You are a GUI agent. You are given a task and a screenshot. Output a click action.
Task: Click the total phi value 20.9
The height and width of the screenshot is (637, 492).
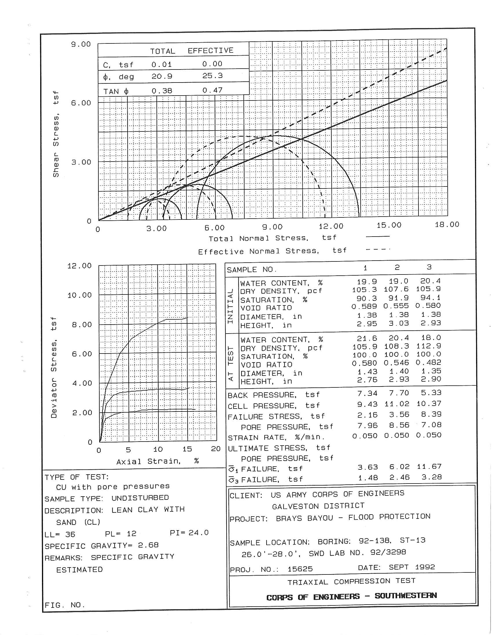tap(162, 76)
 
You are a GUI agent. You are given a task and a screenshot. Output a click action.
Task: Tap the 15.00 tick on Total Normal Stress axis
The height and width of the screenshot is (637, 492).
tap(389, 225)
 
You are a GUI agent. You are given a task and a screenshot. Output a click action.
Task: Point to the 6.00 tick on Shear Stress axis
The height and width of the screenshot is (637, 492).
tap(81, 103)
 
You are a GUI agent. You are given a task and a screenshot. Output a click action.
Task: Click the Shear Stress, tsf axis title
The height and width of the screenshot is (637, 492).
tap(56, 134)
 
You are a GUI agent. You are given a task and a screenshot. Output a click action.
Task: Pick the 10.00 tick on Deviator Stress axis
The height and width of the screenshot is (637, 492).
tap(79, 295)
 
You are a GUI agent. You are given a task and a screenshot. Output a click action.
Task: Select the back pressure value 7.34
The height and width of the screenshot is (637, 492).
tap(367, 393)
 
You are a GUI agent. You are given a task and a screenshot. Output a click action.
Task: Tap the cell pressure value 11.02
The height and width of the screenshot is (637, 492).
tap(399, 404)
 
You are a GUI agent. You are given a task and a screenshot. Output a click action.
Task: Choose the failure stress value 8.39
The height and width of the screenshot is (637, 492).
tap(431, 414)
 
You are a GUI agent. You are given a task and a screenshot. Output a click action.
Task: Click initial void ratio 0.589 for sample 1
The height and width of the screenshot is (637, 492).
tap(364, 307)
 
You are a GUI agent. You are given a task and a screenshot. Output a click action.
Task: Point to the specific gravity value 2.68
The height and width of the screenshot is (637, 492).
tap(148, 545)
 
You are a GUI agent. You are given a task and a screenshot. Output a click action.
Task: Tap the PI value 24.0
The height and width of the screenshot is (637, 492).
tap(198, 533)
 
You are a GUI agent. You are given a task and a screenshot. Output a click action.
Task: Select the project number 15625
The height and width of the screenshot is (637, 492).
tap(300, 569)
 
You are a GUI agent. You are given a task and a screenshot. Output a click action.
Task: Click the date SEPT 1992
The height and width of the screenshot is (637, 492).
tap(412, 567)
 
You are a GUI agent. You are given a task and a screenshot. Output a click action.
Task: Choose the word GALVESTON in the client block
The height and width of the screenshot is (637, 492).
tap(293, 506)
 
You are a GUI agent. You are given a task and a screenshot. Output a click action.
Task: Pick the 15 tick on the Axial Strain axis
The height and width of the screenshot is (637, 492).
tap(187, 449)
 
